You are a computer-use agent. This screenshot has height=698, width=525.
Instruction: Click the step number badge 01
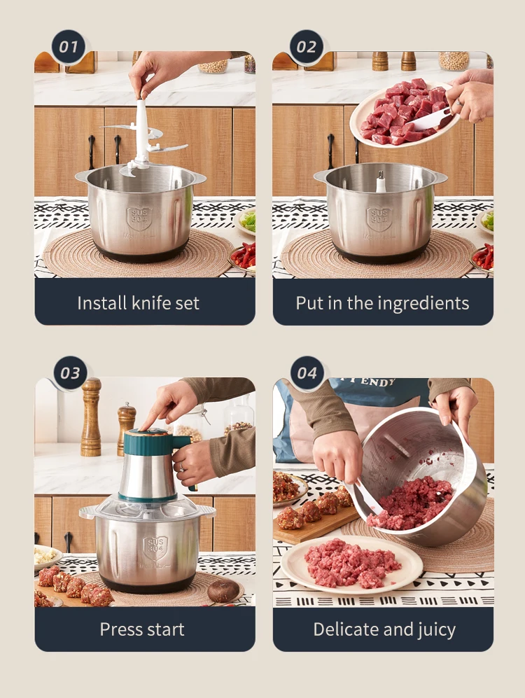pos(69,47)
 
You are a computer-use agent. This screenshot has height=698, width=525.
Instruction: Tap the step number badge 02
pos(307,47)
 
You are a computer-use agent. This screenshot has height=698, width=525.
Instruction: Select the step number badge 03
pos(70,373)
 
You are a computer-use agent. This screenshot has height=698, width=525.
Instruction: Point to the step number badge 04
pos(307,373)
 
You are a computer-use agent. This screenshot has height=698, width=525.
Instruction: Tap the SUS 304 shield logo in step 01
pos(139,218)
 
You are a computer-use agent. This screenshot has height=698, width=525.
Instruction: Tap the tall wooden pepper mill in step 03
pos(91,417)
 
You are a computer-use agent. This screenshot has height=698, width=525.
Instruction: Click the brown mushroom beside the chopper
pos(223,590)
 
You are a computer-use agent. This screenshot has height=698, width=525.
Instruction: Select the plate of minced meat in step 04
pos(351,564)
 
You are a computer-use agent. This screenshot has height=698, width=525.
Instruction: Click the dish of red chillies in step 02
pos(483,258)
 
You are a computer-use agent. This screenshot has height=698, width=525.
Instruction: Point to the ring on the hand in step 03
pos(182,466)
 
